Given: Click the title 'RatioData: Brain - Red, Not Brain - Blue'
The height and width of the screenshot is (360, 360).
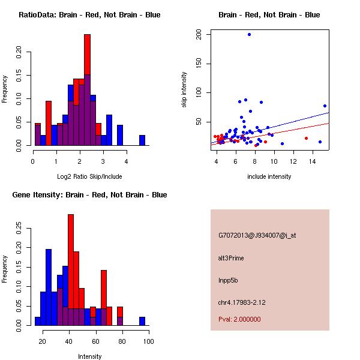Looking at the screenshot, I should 89,15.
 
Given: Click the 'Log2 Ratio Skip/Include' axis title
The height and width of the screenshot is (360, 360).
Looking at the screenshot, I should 89,176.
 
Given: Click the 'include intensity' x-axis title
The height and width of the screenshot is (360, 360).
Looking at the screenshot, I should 269,176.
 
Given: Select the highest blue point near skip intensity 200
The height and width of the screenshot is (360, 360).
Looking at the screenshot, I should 249,34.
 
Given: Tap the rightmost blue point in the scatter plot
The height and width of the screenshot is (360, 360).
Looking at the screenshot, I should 325,106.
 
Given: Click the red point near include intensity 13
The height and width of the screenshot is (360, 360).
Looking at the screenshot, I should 306,138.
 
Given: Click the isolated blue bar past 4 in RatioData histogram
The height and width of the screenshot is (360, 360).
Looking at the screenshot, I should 142,140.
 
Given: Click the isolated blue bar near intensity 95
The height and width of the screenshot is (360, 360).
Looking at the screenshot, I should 142,321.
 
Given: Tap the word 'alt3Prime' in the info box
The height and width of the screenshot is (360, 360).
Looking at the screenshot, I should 231,258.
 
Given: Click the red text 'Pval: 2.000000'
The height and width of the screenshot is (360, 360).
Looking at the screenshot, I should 239,319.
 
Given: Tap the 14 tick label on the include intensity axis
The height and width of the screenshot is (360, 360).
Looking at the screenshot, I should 313,161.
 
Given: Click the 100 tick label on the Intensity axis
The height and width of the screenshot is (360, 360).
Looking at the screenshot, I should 148,342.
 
